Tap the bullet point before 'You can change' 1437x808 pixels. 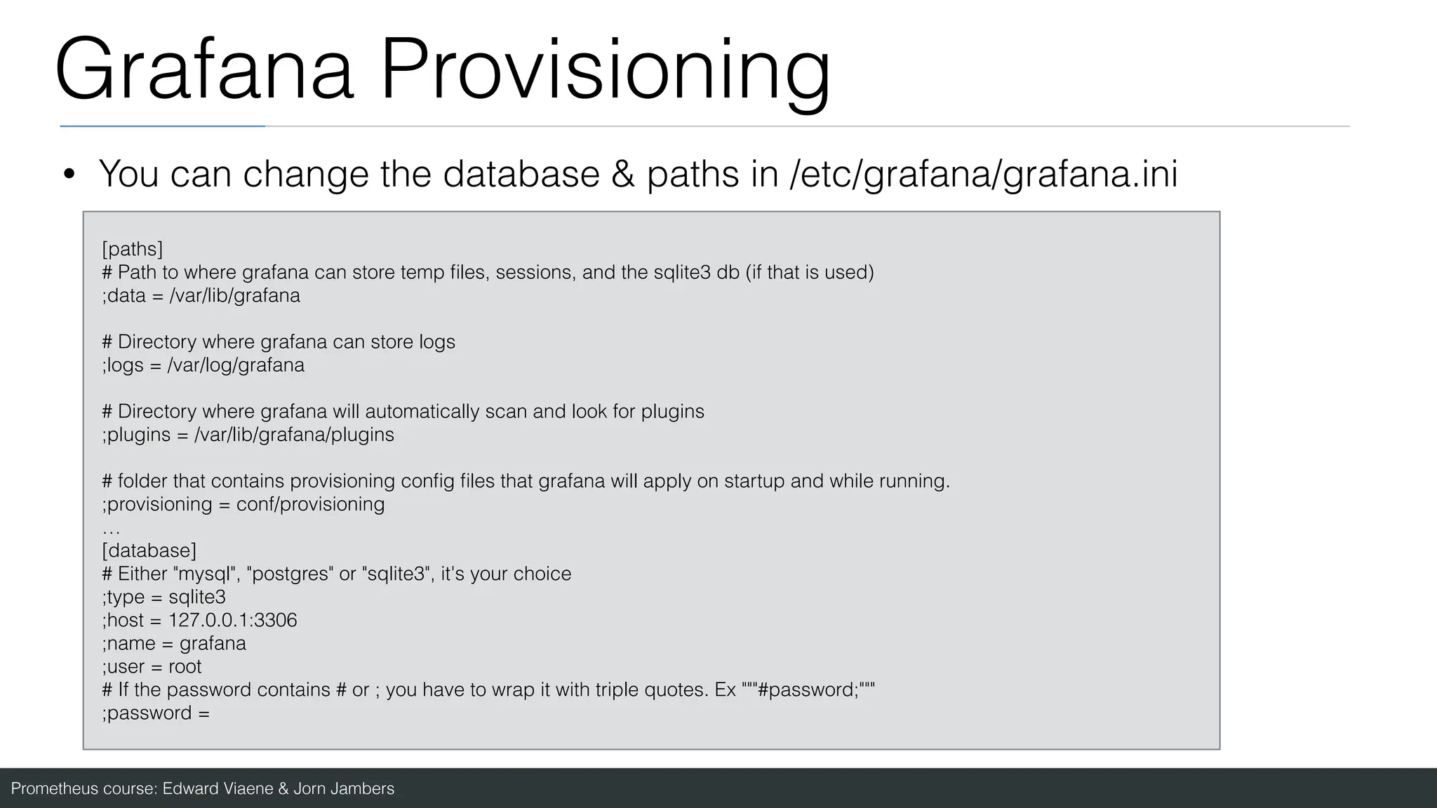[69, 175]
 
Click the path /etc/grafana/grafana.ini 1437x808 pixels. [983, 174]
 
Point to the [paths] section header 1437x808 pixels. [132, 249]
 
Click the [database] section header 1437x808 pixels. [149, 551]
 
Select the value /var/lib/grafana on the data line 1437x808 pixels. [235, 295]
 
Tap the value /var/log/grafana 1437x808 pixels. [236, 365]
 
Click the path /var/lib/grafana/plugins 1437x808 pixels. [294, 435]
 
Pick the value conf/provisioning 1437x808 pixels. [310, 504]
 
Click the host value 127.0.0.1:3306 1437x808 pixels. [232, 620]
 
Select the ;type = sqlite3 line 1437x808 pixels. [163, 597]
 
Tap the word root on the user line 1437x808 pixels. [185, 666]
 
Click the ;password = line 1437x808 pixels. [155, 713]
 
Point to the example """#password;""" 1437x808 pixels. [808, 689]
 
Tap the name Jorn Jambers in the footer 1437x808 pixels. [343, 789]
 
